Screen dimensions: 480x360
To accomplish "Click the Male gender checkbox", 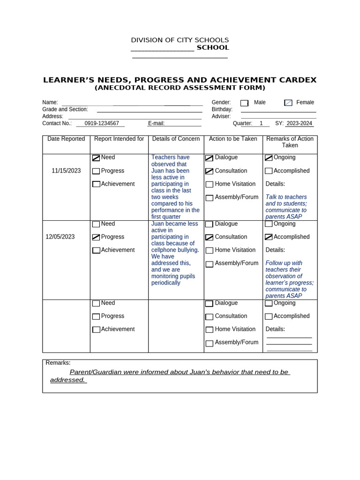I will click(x=244, y=103).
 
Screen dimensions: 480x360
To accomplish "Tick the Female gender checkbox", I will click(x=288, y=103).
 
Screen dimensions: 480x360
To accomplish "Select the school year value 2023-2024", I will click(x=299, y=123).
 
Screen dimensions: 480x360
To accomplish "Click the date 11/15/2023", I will click(x=66, y=171).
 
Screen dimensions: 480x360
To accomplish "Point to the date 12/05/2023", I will click(x=60, y=237).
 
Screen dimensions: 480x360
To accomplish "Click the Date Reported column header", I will click(x=66, y=139).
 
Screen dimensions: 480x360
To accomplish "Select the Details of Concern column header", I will click(x=176, y=139).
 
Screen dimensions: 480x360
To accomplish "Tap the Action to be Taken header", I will click(x=233, y=139).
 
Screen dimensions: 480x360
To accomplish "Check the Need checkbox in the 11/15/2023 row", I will click(x=96, y=158).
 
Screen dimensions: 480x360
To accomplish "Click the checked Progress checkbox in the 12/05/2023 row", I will click(x=96, y=237).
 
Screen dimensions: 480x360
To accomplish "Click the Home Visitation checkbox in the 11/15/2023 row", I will click(x=210, y=185).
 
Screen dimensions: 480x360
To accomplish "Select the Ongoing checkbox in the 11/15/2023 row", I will click(x=269, y=158).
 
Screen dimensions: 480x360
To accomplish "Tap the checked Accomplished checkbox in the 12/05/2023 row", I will click(x=269, y=237).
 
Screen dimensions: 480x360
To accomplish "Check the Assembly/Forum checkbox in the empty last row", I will click(x=210, y=343).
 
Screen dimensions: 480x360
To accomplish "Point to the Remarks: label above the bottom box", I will click(x=58, y=363).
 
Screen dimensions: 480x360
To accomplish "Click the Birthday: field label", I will click(x=222, y=109).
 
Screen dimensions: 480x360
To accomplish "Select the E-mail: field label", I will click(x=157, y=123).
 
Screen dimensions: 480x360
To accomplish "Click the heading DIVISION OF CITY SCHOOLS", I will click(x=180, y=40).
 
